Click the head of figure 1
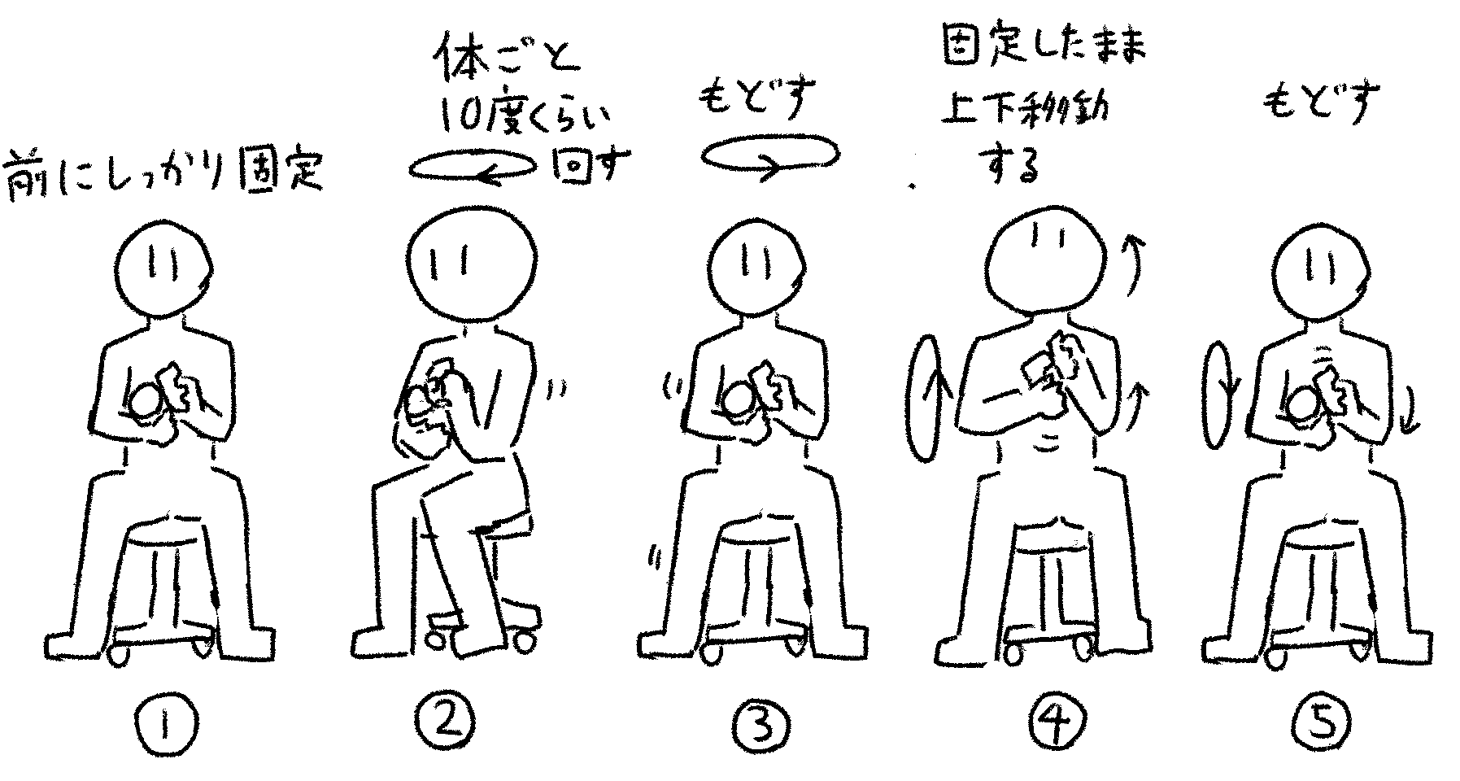[x=163, y=271]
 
